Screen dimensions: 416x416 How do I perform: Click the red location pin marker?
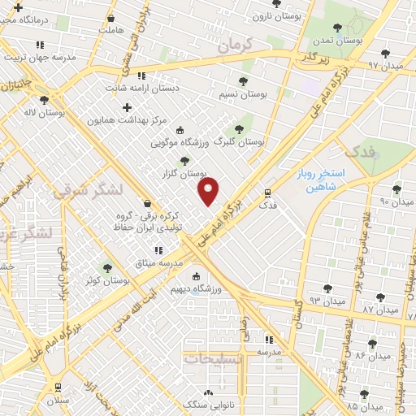click(209, 191)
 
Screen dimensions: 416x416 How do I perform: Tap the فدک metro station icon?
click(267, 193)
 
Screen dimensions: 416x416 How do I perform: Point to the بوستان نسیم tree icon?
click(243, 81)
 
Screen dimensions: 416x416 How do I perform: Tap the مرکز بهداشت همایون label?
click(130, 120)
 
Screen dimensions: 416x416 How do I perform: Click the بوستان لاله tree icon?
click(44, 100)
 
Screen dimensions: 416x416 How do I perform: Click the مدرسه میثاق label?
click(158, 262)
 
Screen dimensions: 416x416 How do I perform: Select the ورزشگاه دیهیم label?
click(196, 288)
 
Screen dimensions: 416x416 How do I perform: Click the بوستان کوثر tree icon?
click(106, 267)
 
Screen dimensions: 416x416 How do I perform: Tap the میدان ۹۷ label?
click(385, 64)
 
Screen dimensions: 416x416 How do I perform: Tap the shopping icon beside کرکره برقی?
click(146, 203)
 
